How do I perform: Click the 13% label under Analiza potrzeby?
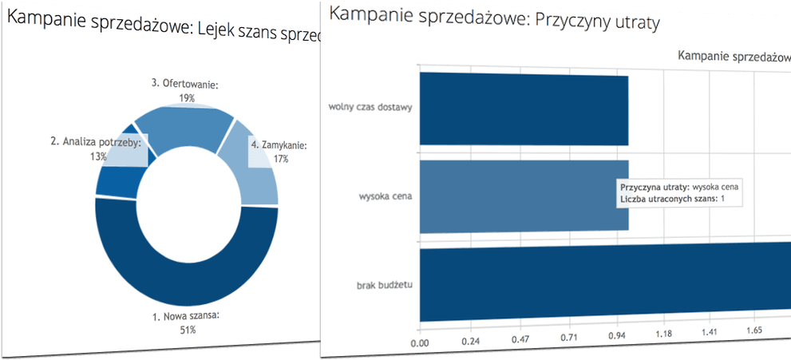(x=99, y=156)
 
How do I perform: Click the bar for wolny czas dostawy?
(x=523, y=109)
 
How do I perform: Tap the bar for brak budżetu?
(x=599, y=285)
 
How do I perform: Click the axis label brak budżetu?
(x=386, y=285)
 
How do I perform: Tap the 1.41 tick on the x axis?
(x=710, y=333)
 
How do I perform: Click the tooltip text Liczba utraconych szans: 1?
(x=672, y=198)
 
